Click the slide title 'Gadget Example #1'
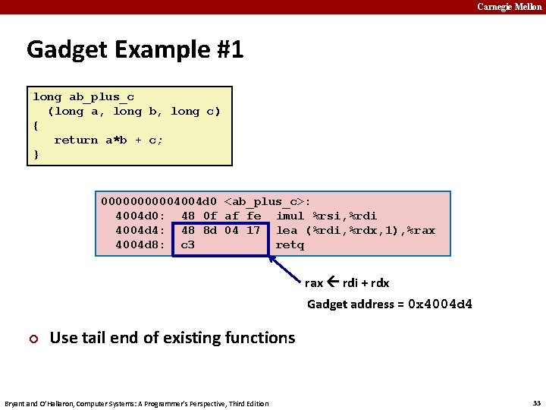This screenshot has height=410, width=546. [135, 50]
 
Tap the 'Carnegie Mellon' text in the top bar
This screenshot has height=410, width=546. [510, 7]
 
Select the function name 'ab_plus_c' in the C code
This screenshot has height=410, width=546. [102, 96]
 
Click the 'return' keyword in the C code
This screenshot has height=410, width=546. [76, 140]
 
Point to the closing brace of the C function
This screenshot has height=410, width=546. [36, 154]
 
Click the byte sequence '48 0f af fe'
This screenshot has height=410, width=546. [221, 216]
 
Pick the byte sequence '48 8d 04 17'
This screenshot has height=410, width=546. [221, 230]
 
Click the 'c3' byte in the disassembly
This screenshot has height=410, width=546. [188, 244]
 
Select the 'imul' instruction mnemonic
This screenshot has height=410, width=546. [290, 216]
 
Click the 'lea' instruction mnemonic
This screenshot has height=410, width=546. [287, 230]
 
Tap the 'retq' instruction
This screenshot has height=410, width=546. [290, 244]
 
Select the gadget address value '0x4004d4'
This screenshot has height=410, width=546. [440, 304]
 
